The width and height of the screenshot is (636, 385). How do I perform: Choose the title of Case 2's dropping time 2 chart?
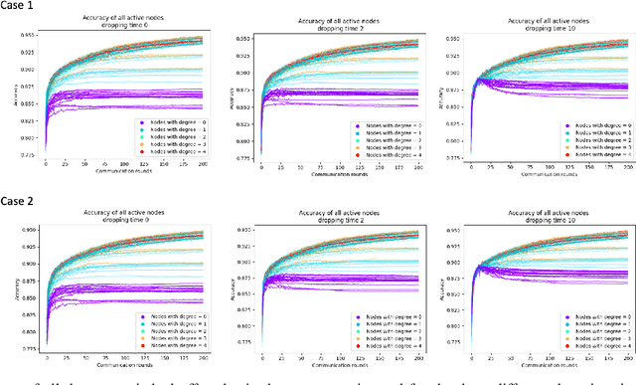click(336, 217)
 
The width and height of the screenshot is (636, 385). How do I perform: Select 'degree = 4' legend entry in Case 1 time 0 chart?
click(171, 152)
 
